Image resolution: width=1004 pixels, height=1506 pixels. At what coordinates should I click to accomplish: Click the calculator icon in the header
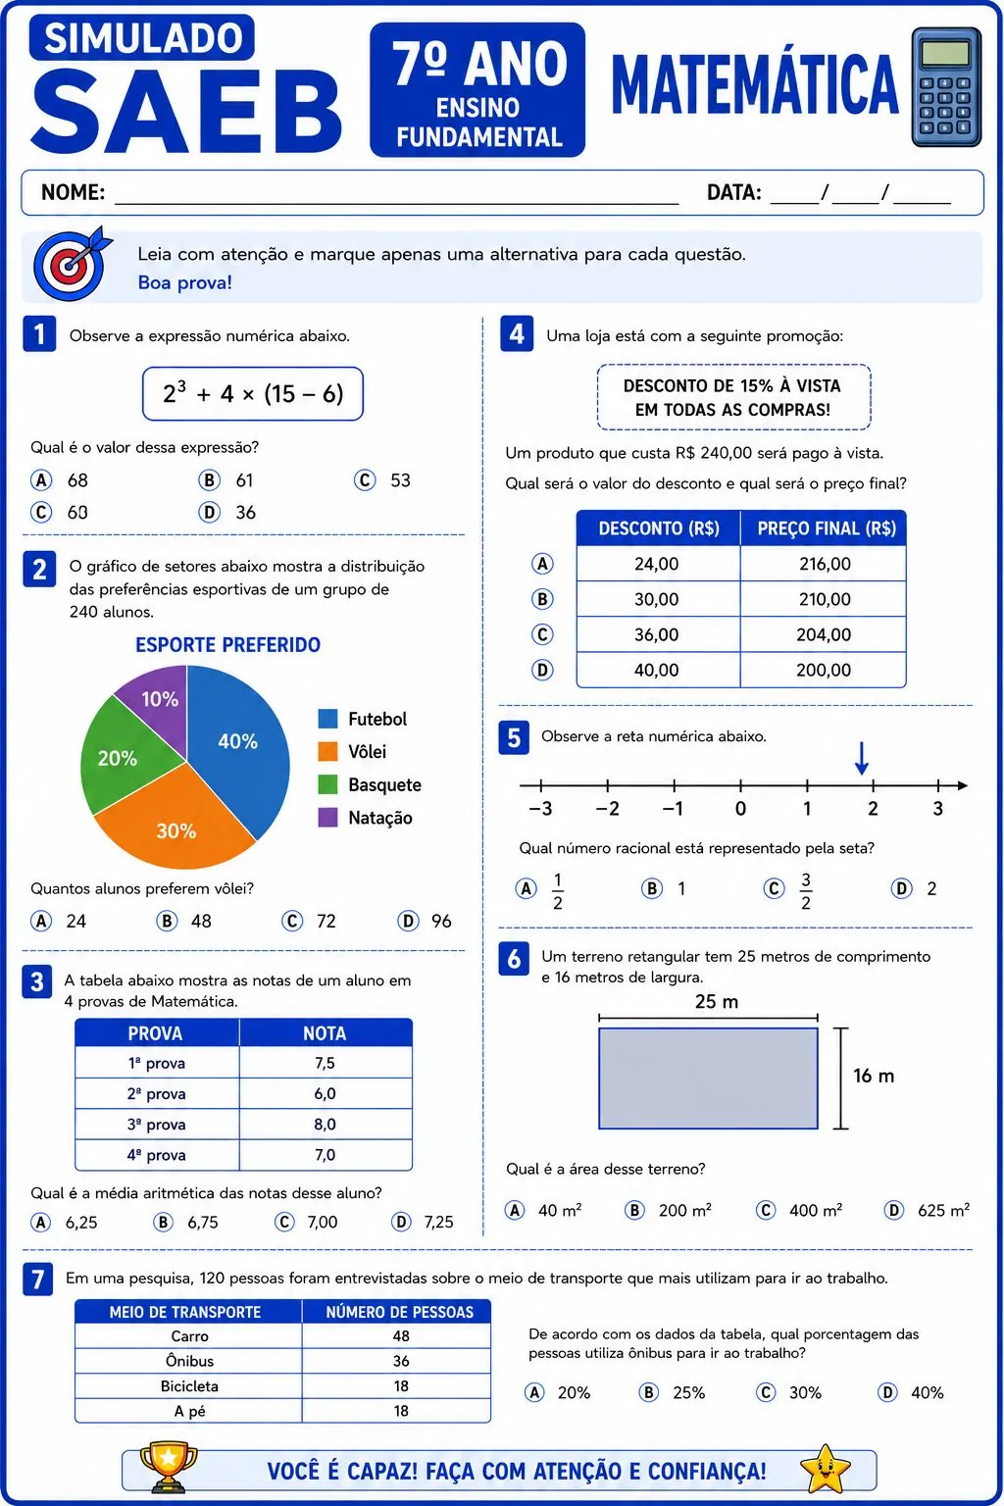[946, 87]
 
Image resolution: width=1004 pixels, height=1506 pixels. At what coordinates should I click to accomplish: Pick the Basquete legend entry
[370, 784]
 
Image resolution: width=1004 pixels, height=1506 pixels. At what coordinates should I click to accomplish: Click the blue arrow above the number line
[862, 758]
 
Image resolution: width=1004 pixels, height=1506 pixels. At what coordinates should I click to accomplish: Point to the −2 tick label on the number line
[607, 808]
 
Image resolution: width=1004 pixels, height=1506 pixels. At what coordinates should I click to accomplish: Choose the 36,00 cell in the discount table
[656, 634]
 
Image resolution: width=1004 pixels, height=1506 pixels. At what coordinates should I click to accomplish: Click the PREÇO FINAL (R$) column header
[827, 528]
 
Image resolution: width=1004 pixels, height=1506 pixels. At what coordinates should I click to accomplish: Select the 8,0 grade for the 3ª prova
[325, 1125]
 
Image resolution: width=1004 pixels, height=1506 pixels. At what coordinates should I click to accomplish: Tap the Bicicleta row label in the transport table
[189, 1385]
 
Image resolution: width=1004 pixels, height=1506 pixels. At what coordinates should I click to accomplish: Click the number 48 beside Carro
[401, 1336]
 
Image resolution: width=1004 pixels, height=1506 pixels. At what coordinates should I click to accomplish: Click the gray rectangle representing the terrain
[708, 1079]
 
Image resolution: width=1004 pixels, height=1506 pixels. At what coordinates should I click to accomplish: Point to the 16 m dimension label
[874, 1076]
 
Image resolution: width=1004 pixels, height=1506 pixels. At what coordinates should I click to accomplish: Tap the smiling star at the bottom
[825, 1468]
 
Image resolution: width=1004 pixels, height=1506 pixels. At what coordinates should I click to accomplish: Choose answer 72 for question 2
[309, 921]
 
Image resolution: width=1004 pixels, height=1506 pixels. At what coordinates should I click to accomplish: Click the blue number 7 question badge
[37, 1279]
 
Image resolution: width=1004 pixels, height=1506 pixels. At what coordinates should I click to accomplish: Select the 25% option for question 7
[673, 1392]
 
